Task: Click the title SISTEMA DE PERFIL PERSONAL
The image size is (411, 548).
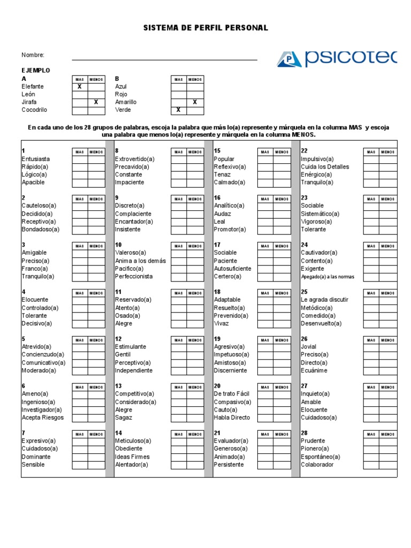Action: [206, 28]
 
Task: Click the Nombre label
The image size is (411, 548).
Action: [33, 55]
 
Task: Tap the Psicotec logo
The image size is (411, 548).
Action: [337, 58]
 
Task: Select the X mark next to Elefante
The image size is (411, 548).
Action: [80, 87]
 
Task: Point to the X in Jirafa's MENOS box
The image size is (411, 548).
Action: [96, 102]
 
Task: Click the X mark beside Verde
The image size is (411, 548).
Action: [179, 110]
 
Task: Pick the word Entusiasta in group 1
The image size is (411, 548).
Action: [36, 159]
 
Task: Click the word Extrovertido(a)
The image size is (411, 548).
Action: [134, 159]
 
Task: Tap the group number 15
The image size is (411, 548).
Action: [217, 151]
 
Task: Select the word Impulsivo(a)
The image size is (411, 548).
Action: [317, 159]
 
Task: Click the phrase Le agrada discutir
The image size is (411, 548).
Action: [324, 300]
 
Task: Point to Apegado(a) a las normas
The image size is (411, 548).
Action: [328, 277]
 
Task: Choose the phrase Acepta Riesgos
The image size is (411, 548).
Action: [42, 417]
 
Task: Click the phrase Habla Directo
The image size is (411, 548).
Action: [232, 417]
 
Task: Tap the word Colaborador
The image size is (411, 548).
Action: [317, 465]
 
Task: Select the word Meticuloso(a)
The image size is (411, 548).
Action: [133, 440]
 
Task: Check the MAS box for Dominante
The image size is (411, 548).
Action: [80, 457]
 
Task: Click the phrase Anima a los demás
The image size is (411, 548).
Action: [140, 261]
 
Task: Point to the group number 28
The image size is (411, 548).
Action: [304, 432]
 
